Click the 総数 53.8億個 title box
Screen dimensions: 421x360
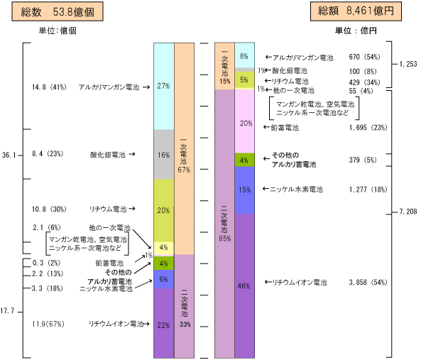pyautogui.click(x=58, y=11)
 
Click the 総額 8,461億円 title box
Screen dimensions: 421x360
pyautogui.click(x=356, y=11)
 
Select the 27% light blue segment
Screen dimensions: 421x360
pyautogui.click(x=164, y=86)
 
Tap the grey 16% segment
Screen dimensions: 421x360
pyautogui.click(x=164, y=154)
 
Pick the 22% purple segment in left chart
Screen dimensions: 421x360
pyautogui.click(x=164, y=323)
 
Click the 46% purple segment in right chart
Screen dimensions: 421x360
pyautogui.click(x=245, y=286)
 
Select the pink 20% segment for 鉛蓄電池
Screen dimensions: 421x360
pyautogui.click(x=245, y=121)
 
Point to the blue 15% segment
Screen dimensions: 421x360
pyautogui.click(x=245, y=190)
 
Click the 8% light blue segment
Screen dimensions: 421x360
pyautogui.click(x=245, y=55)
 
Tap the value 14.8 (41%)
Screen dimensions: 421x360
pyautogui.click(x=49, y=87)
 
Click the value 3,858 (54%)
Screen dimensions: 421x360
pyautogui.click(x=368, y=283)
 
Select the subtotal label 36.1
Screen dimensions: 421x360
pyautogui.click(x=9, y=155)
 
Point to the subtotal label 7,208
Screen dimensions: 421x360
pyautogui.click(x=408, y=212)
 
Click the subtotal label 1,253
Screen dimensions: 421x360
pyautogui.click(x=408, y=64)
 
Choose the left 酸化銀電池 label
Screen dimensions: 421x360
pyautogui.click(x=108, y=155)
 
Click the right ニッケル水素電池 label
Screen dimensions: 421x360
pyautogui.click(x=296, y=190)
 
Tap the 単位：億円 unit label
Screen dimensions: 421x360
pyautogui.click(x=356, y=31)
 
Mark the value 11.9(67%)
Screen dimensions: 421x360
pyautogui.click(x=48, y=324)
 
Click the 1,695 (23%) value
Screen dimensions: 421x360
pyautogui.click(x=368, y=128)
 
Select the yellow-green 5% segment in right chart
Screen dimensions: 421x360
pyautogui.click(x=245, y=80)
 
